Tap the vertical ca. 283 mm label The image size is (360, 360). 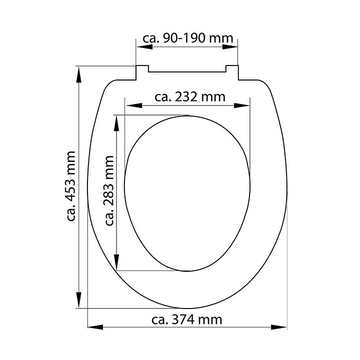point(109,191)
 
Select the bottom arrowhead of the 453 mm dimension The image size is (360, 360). point(78,300)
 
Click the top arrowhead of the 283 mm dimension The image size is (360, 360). point(116,123)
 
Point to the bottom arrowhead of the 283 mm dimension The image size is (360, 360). point(116,262)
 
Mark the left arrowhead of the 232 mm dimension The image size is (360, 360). point(133,105)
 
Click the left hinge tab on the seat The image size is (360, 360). point(141,72)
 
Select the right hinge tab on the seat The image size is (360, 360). point(232,72)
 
